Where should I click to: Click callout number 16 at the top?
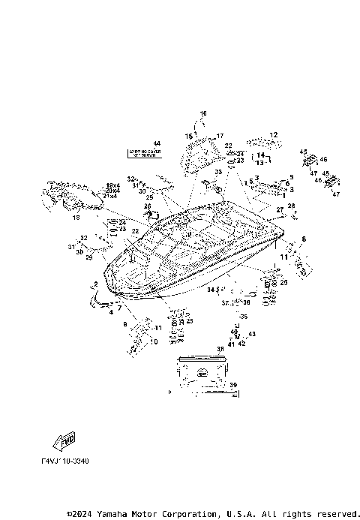pyautogui.click(x=202, y=113)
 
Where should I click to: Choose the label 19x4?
pyautogui.click(x=112, y=185)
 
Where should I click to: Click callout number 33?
pyautogui.click(x=217, y=172)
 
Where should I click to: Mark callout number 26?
pyautogui.click(x=148, y=206)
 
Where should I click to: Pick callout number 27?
pyautogui.click(x=280, y=209)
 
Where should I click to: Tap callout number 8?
pyautogui.click(x=304, y=239)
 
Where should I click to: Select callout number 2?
pyautogui.click(x=95, y=284)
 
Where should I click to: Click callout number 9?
pyautogui.click(x=124, y=323)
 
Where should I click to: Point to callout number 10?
pyautogui.click(x=154, y=341)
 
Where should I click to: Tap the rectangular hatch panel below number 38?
pyautogui.click(x=200, y=372)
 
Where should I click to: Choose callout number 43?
pyautogui.click(x=252, y=334)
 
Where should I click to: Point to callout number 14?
pyautogui.click(x=260, y=155)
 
